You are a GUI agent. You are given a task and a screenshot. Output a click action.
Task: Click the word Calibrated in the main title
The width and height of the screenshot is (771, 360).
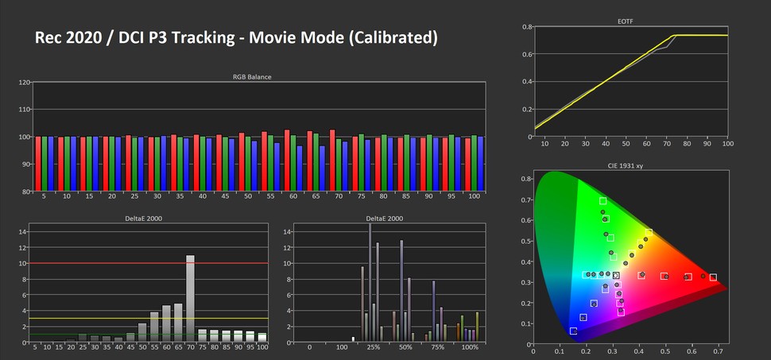pyautogui.click(x=387, y=37)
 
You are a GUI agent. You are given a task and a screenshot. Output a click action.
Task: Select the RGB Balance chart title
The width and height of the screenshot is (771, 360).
pyautogui.click(x=252, y=77)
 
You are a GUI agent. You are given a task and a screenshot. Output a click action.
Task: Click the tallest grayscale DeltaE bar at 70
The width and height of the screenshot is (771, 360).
pyautogui.click(x=191, y=298)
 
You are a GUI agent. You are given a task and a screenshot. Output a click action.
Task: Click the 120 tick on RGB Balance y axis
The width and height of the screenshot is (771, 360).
pyautogui.click(x=24, y=83)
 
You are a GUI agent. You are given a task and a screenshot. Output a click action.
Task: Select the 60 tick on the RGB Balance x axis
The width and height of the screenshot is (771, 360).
pyautogui.click(x=293, y=196)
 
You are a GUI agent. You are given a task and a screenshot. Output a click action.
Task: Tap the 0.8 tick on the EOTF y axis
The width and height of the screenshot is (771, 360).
pyautogui.click(x=526, y=26)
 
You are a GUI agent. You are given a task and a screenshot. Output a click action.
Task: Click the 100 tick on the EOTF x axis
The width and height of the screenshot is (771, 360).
pyautogui.click(x=727, y=144)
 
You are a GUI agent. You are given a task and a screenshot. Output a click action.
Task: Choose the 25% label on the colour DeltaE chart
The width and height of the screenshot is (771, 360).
pyautogui.click(x=372, y=347)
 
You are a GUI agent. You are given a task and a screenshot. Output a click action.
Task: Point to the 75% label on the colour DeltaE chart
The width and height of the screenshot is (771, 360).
pyautogui.click(x=437, y=347)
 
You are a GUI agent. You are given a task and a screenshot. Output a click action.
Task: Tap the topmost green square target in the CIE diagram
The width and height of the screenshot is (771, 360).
pyautogui.click(x=602, y=201)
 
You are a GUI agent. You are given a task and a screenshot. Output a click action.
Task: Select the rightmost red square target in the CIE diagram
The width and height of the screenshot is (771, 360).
pyautogui.click(x=713, y=277)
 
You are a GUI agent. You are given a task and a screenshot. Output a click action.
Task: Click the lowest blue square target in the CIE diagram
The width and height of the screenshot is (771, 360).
pyautogui.click(x=573, y=331)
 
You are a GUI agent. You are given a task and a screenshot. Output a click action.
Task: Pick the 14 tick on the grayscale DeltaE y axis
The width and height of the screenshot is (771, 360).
pyautogui.click(x=23, y=232)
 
